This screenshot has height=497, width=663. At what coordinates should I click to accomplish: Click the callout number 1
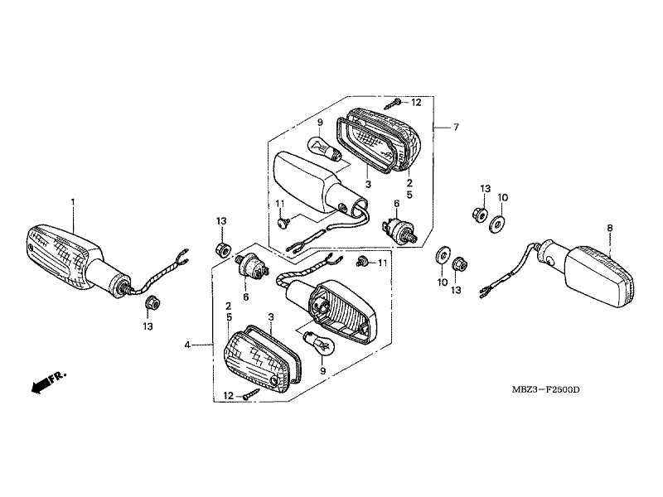73,201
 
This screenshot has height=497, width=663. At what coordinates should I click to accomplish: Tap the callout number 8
609,228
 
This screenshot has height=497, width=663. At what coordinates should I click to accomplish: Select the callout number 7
455,127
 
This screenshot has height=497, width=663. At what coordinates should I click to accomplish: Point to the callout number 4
187,345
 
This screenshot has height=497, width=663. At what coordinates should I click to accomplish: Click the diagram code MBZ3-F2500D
545,389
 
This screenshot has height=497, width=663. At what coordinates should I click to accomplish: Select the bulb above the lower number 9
320,344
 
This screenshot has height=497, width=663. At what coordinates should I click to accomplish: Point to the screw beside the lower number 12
252,394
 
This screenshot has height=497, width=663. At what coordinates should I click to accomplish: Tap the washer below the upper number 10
496,224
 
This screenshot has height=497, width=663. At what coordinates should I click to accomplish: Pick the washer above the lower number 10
441,256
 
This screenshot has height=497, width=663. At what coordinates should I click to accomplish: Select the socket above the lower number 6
252,266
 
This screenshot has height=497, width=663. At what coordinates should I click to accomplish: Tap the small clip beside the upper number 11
283,221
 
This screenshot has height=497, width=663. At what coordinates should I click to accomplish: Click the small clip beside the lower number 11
363,261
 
